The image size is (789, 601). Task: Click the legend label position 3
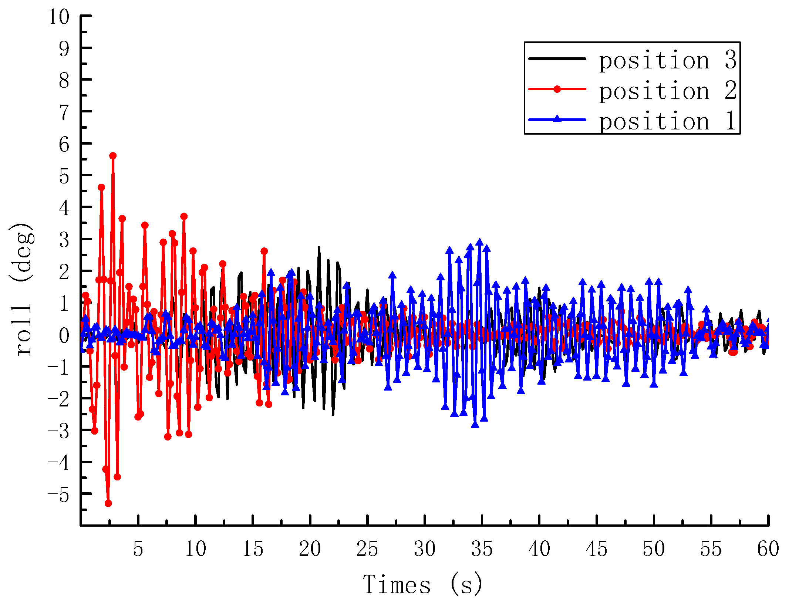pos(668,60)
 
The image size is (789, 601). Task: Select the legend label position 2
pos(668,91)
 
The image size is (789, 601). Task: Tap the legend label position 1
pos(668,121)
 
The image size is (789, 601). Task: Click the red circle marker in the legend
pos(557,89)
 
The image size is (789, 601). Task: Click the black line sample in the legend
pos(557,58)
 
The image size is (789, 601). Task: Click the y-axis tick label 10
pos(59,17)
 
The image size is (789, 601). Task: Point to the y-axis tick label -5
pos(58,495)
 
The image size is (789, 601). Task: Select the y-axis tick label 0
pos(64,335)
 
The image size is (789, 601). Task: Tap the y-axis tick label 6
pos(64,144)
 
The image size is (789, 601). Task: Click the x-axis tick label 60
pos(768,549)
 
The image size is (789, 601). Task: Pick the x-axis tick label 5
pos(138,549)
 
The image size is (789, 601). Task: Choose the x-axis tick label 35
pos(482,549)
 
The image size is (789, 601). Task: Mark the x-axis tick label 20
pos(310,549)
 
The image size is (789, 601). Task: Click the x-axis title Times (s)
pos(423,584)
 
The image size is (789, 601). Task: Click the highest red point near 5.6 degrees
pos(113,156)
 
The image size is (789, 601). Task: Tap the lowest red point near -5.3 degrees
pos(108,503)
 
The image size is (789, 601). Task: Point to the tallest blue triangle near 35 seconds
pos(480,242)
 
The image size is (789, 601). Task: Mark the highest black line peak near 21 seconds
pos(319,247)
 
